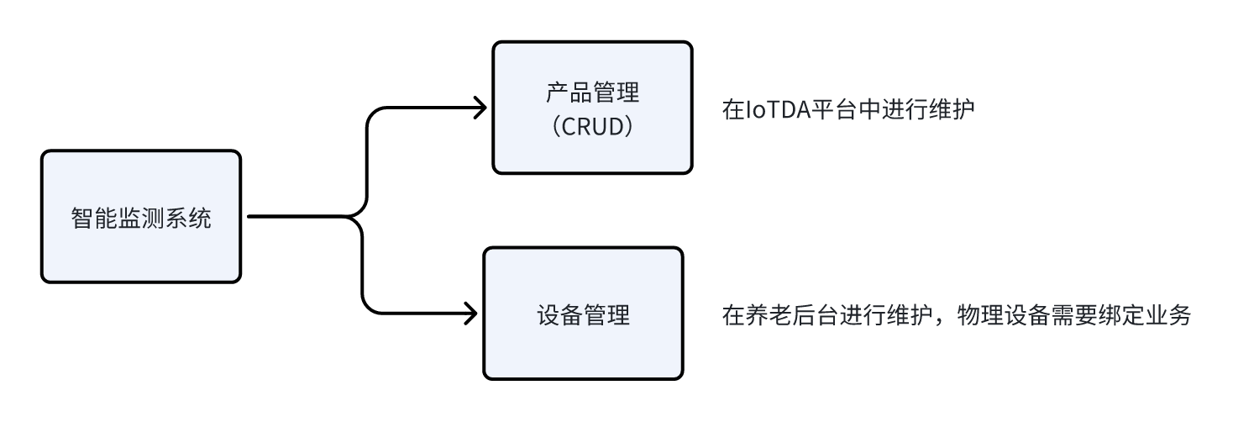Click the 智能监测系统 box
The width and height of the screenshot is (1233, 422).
pos(141,217)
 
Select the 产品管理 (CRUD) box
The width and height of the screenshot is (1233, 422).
pos(592,108)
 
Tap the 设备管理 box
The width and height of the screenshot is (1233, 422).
pos(582,314)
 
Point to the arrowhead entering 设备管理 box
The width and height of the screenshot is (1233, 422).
pos(471,314)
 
